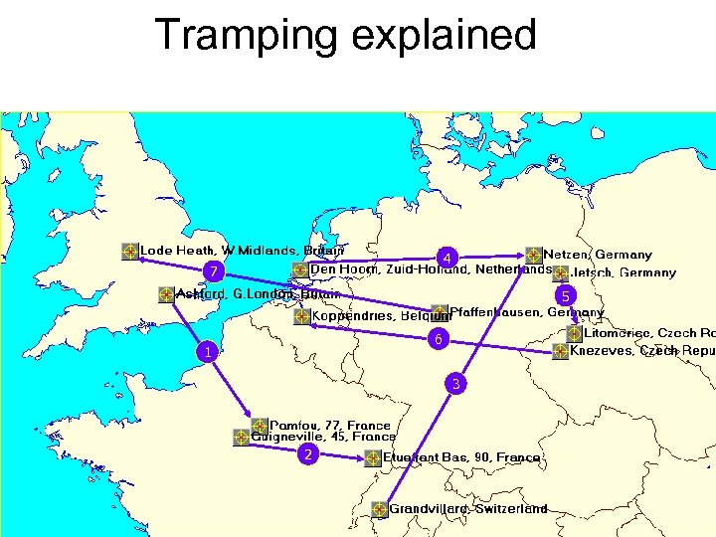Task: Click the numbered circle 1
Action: coord(206,352)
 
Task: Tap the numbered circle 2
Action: coord(309,454)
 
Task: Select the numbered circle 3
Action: coord(455,383)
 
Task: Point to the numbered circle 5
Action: coord(565,295)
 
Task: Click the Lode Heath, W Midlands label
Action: coord(243,251)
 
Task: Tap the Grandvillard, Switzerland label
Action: coord(467,509)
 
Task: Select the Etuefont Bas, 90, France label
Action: coord(462,458)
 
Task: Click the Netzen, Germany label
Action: coord(597,255)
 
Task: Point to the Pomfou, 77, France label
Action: coord(330,426)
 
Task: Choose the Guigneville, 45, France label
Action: coord(323,437)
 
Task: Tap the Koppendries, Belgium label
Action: coord(382,317)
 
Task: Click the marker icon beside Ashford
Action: coord(166,294)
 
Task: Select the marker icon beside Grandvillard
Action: coord(379,509)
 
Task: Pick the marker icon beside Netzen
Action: coord(534,255)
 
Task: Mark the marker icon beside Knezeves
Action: coord(562,351)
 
